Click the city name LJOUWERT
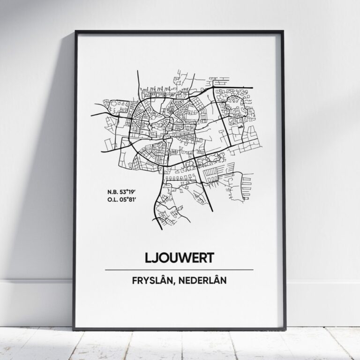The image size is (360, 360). point(180,258)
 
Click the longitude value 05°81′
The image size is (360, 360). point(125,198)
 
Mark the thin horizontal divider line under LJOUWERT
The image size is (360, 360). point(180,270)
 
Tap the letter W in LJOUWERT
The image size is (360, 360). point(186,258)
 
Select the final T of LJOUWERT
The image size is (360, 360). point(210,258)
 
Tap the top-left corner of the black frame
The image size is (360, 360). point(75,31)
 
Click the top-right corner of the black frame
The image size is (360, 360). point(283,31)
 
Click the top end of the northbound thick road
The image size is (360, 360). point(137,72)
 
